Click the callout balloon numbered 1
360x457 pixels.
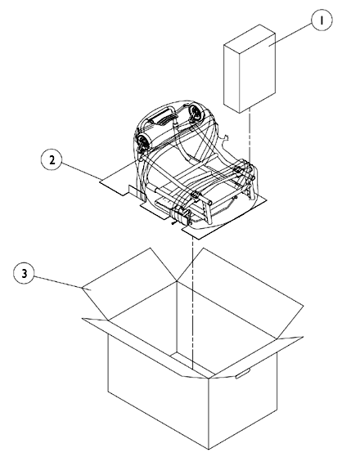(322, 20)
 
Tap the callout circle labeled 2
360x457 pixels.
(52, 159)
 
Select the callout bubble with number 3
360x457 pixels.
(25, 273)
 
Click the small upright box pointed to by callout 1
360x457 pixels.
(250, 69)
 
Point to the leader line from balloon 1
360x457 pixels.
(290, 34)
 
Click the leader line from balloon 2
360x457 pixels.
(81, 171)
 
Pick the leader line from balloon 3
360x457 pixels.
(58, 282)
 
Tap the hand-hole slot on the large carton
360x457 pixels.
(243, 373)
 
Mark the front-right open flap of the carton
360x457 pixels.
(257, 357)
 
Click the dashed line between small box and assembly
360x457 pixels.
(250, 135)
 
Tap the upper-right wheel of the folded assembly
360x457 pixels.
(196, 113)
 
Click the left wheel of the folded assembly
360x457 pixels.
(143, 143)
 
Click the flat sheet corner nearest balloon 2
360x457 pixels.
(100, 181)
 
